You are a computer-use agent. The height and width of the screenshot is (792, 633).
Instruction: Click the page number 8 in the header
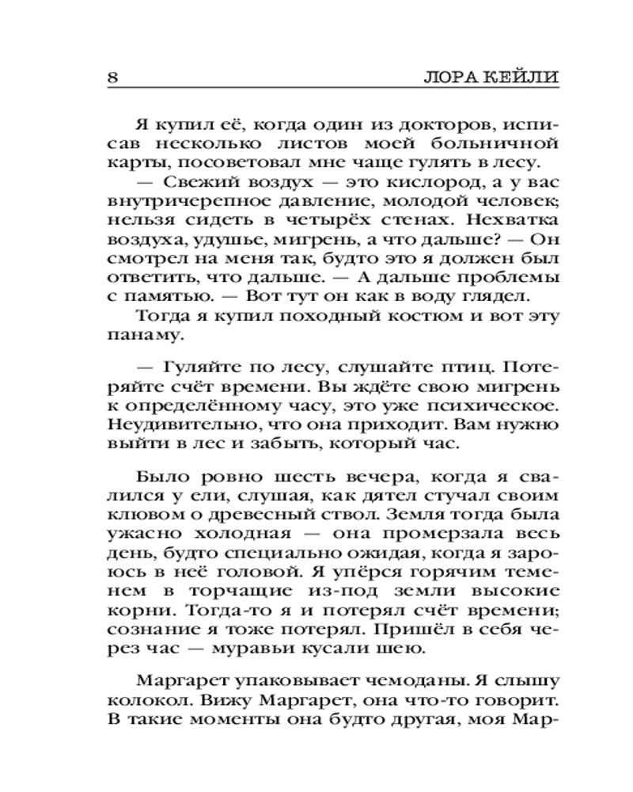pos(112,77)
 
